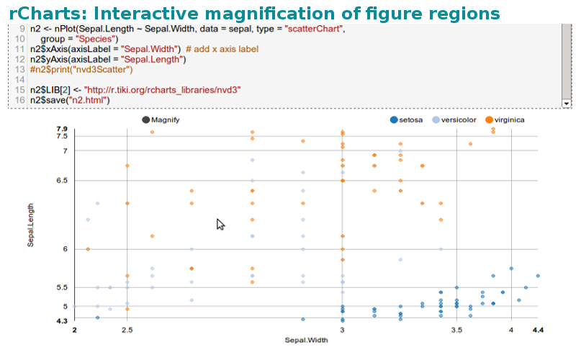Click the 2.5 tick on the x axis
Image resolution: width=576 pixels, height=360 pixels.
[x=127, y=330]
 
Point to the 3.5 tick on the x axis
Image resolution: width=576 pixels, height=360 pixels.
[x=456, y=330]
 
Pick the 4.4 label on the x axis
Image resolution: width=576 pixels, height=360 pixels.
[x=538, y=330]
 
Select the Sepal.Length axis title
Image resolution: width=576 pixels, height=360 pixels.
[x=31, y=224]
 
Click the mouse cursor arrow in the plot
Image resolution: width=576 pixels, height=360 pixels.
[x=220, y=224]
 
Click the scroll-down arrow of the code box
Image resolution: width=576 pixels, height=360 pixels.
[x=566, y=104]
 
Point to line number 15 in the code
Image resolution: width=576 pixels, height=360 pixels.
[x=20, y=89]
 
